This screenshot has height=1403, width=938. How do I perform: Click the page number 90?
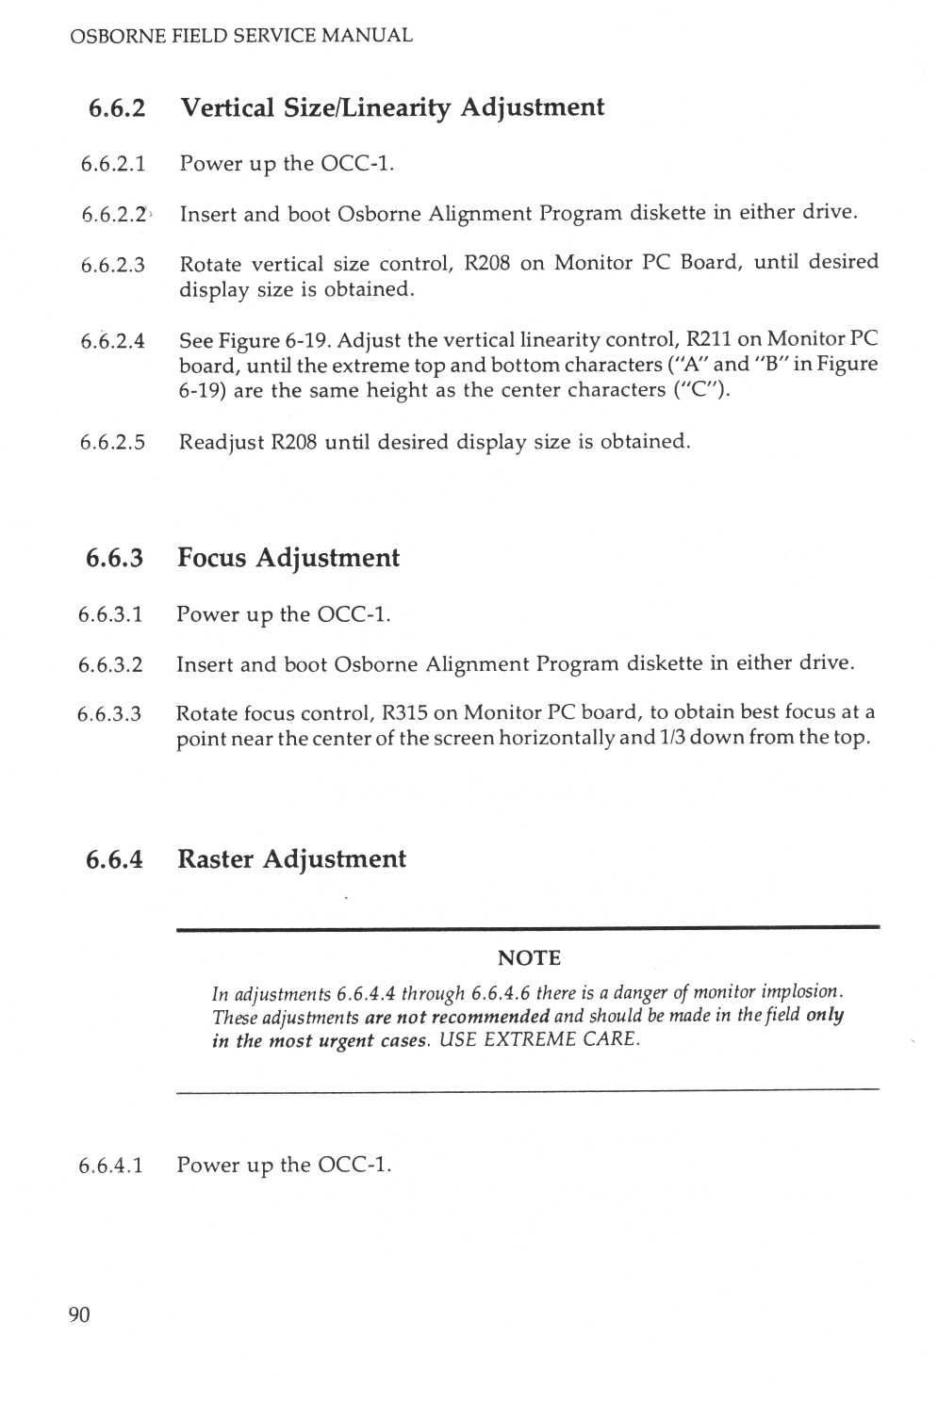(79, 1314)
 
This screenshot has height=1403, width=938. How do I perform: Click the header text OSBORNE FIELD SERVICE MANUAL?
(241, 36)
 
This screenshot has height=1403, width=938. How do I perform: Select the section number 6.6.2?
(117, 108)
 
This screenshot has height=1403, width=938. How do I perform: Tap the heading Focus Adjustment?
(288, 558)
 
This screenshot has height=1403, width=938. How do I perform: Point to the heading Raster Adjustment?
(291, 859)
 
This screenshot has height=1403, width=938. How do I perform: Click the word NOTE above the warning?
(529, 958)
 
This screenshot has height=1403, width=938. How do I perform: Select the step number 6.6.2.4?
(113, 341)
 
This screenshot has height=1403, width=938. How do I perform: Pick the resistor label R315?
(404, 712)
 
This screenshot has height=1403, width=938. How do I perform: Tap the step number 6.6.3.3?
(109, 714)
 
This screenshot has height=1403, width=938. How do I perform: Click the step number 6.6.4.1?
(110, 1166)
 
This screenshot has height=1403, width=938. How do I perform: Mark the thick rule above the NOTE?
(528, 928)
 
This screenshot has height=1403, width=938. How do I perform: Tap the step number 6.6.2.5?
(113, 442)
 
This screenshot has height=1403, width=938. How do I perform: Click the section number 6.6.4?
(114, 859)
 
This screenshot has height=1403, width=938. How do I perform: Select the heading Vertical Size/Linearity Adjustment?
(392, 107)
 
